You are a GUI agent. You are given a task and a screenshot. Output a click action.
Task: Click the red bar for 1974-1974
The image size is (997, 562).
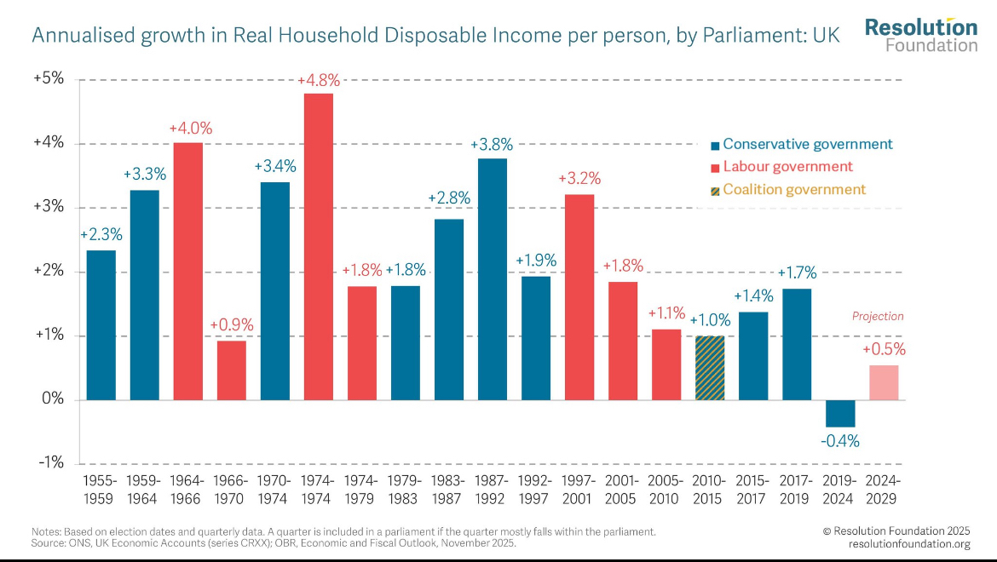(319, 246)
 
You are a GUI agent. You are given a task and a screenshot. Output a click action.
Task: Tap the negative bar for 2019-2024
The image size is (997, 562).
(840, 413)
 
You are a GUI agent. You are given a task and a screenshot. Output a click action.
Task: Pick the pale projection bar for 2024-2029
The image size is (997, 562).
(884, 382)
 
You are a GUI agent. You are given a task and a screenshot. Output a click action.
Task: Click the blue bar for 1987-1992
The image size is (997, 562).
(493, 279)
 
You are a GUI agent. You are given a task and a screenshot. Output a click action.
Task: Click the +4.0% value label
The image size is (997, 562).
(190, 129)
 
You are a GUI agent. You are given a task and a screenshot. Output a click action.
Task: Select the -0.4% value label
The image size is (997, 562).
(840, 441)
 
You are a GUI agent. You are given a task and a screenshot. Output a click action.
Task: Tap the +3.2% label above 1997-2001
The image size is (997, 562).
(579, 179)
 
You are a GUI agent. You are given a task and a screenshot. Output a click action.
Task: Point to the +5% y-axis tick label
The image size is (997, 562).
(49, 78)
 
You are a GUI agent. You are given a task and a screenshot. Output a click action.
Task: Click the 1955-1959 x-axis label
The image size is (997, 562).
(101, 489)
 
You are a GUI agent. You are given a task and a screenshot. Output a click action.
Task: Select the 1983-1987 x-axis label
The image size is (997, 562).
(449, 489)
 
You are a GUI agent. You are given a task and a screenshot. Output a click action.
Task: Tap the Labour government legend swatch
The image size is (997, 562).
(716, 168)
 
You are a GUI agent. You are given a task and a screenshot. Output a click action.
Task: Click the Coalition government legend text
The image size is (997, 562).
(794, 190)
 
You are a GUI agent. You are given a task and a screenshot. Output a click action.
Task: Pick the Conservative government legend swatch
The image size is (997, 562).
(716, 145)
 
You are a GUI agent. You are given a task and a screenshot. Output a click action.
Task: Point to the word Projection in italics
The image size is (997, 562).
(878, 316)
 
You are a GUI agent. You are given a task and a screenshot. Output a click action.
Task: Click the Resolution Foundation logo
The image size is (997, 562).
(921, 35)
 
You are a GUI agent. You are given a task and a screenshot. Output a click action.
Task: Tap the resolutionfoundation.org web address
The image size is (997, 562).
(908, 543)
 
